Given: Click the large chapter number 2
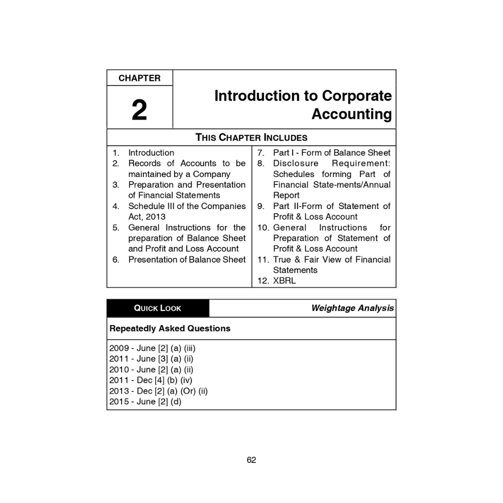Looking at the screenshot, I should point(139,110).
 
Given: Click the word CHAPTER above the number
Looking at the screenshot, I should point(139,78).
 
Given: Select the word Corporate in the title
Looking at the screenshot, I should point(357,95).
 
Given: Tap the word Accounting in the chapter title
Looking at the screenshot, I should point(352,114).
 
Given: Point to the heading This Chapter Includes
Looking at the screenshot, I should point(251,137).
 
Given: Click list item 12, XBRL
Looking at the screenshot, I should point(284,281).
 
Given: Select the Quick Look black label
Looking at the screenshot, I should point(158,308).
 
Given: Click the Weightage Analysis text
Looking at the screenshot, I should point(352,308).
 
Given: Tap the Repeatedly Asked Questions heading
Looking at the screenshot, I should point(170,328).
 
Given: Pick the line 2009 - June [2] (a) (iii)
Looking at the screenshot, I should point(152,348).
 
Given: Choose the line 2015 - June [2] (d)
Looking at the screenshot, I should point(145,401).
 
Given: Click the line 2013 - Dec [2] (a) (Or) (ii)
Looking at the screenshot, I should point(158,391).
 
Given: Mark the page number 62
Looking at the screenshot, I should point(251,460).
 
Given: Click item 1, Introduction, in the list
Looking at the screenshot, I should point(151,153).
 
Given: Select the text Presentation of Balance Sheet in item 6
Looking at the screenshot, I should point(187,259).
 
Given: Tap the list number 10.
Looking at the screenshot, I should point(263,228).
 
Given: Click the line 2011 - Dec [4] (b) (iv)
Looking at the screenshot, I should point(151,380).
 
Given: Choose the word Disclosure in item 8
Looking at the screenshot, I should point(296,163).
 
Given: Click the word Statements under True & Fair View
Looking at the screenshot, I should point(295,270).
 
